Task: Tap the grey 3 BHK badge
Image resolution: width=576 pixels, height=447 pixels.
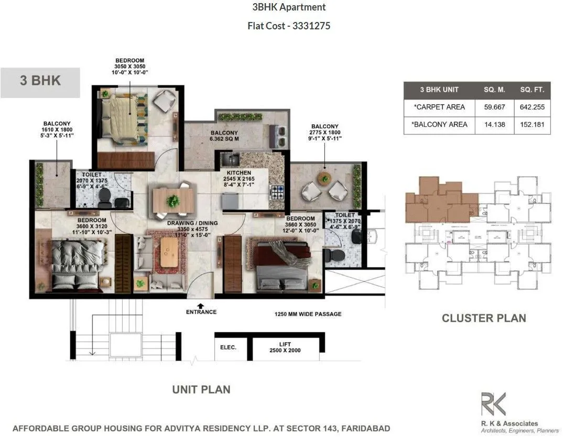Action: point(40,81)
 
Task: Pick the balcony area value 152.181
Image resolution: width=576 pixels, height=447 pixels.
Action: point(532,125)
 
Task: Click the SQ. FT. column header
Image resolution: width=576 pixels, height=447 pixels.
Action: point(532,90)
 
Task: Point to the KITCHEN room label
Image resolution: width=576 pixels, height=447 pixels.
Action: point(239,173)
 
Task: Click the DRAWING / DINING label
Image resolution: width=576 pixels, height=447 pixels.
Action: point(192,223)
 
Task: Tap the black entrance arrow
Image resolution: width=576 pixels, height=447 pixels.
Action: point(200,305)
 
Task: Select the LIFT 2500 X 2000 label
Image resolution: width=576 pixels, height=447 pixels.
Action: point(285,347)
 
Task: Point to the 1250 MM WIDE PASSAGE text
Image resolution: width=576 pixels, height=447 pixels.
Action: point(308,314)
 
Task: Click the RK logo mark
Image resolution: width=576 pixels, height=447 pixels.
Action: point(494,405)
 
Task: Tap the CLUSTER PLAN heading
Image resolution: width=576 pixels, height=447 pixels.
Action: point(483,318)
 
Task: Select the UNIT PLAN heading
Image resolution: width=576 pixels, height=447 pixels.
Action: point(201,389)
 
